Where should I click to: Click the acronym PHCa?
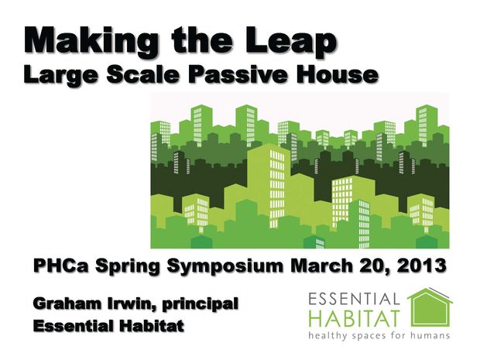coord(61,266)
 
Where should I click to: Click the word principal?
coord(201,305)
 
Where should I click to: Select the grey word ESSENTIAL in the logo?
coord(354,299)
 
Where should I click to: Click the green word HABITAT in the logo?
coord(355,319)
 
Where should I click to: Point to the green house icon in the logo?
coord(430,308)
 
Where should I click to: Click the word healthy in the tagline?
coord(327,335)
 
